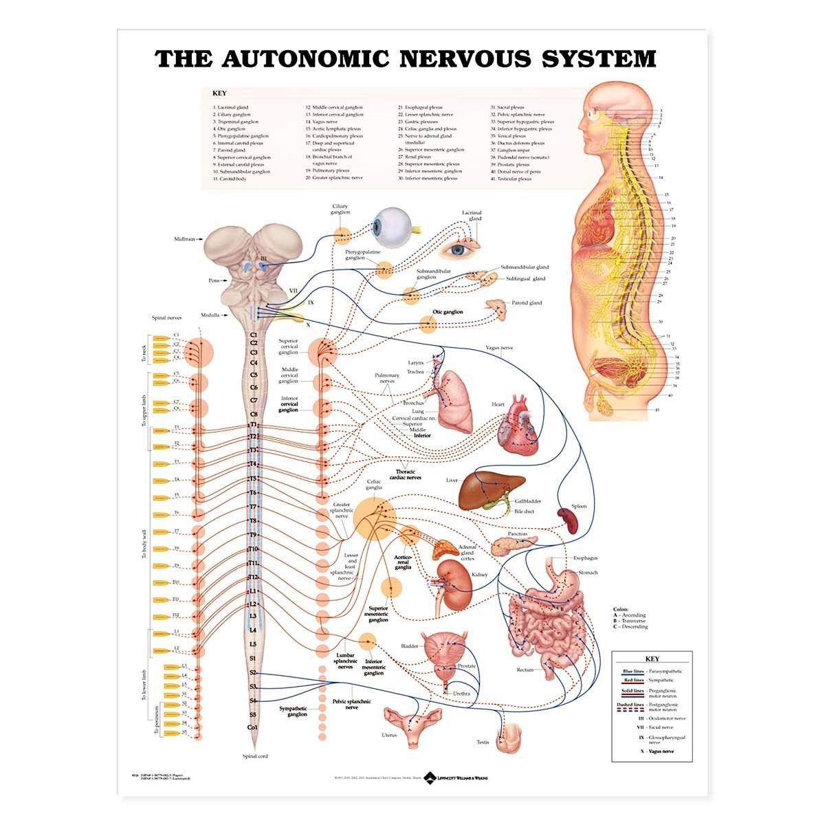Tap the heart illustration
[x=522, y=426]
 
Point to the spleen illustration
[x=569, y=520]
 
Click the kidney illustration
[x=455, y=584]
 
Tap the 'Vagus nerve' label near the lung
[x=499, y=348]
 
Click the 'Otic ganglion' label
[x=448, y=312]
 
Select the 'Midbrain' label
[x=186, y=239]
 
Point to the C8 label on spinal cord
[x=254, y=414]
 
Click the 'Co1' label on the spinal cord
[x=252, y=727]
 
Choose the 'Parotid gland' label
[x=527, y=302]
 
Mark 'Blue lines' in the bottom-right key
[x=633, y=671]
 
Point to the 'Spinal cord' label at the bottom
[x=255, y=756]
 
